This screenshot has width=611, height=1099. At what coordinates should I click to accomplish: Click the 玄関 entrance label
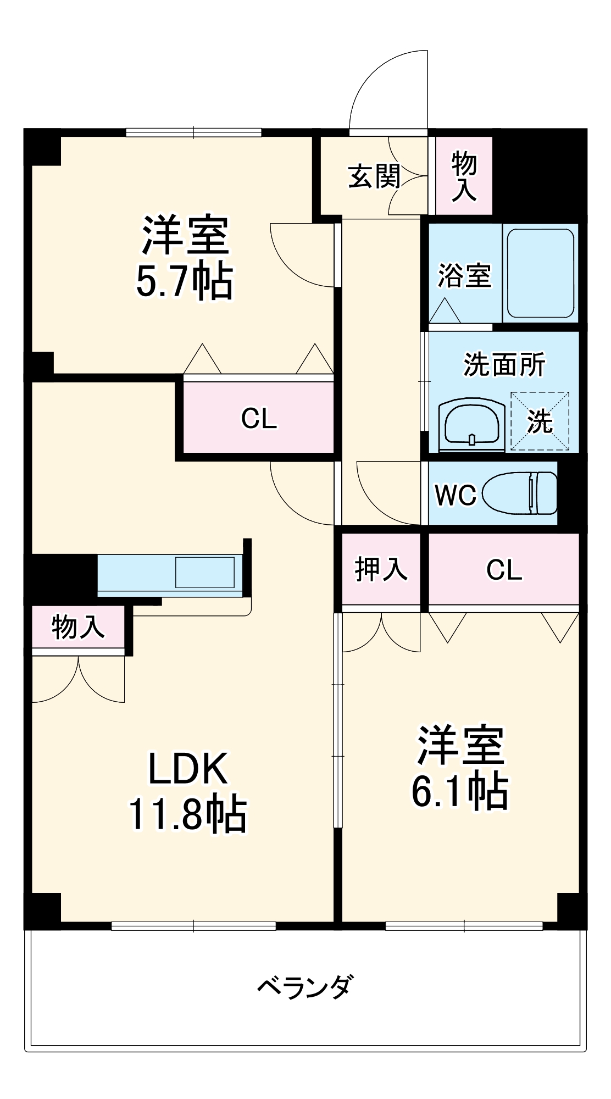(x=374, y=176)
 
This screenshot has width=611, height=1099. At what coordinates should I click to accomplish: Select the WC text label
(x=456, y=495)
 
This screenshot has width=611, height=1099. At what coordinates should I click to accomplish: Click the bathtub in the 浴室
(x=540, y=273)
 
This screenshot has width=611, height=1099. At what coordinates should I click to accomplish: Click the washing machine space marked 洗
(x=540, y=421)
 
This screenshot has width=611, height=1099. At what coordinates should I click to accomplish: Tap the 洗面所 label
(x=504, y=364)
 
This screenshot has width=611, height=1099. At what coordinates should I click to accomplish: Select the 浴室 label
(x=464, y=275)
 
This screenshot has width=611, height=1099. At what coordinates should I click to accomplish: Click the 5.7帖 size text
(x=185, y=282)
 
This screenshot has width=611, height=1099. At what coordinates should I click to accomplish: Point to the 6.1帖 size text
(x=460, y=791)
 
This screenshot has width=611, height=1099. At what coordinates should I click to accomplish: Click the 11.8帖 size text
(x=188, y=814)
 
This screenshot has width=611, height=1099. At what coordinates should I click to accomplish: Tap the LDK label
(x=188, y=769)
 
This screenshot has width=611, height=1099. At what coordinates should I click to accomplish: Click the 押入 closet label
(x=381, y=569)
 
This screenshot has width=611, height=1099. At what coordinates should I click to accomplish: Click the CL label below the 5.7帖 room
(x=259, y=419)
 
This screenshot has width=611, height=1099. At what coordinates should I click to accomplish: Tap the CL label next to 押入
(x=504, y=570)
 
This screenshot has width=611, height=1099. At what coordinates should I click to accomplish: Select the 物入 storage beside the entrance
(x=464, y=176)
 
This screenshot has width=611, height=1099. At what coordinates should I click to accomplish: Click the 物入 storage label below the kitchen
(x=78, y=627)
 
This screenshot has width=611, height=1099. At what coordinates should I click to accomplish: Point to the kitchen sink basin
(x=204, y=573)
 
